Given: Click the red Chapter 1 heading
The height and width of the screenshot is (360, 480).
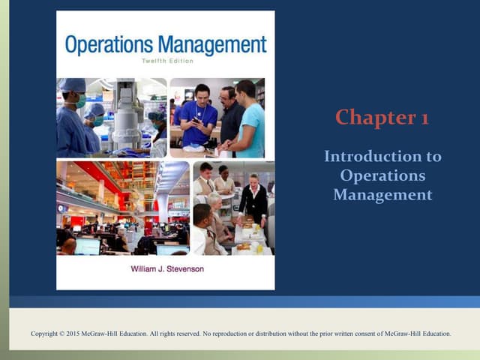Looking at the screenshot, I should (x=382, y=118).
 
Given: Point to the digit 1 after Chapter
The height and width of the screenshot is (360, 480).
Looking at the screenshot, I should (x=424, y=118).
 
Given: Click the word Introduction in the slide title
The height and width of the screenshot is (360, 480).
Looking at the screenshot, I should (x=382, y=157).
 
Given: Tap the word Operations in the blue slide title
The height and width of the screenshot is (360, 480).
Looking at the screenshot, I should (x=382, y=175).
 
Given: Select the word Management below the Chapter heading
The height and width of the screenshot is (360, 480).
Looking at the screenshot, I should (x=382, y=194).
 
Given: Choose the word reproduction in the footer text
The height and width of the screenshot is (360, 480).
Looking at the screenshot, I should (x=238, y=334).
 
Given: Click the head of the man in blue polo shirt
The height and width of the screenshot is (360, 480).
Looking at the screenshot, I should (x=200, y=93).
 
